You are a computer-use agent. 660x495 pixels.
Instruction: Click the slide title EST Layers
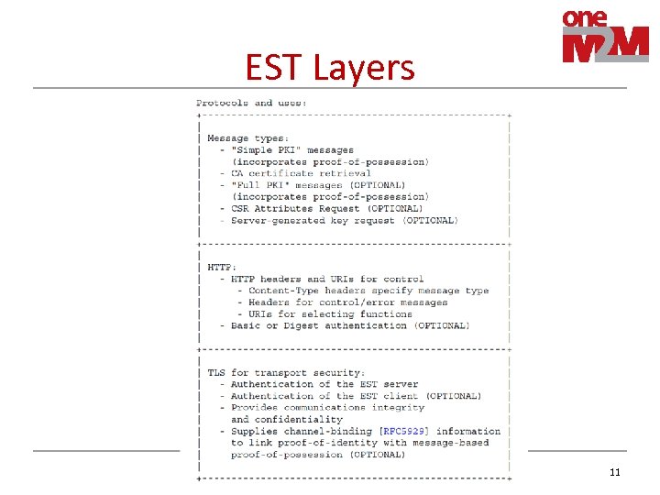(x=330, y=67)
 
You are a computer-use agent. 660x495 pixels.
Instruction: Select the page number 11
(x=614, y=472)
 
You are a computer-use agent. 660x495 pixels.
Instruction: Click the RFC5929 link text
(x=410, y=431)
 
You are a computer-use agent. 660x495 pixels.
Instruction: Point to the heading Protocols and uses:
(x=251, y=103)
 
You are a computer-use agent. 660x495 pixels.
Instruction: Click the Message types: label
(x=247, y=138)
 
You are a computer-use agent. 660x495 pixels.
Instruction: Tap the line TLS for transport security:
(x=286, y=373)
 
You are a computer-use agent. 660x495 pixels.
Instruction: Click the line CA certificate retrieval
(x=301, y=173)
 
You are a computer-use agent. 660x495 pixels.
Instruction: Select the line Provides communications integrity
(x=327, y=407)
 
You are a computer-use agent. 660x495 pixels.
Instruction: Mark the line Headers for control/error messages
(x=347, y=302)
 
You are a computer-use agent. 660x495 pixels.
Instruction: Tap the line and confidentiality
(x=286, y=419)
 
